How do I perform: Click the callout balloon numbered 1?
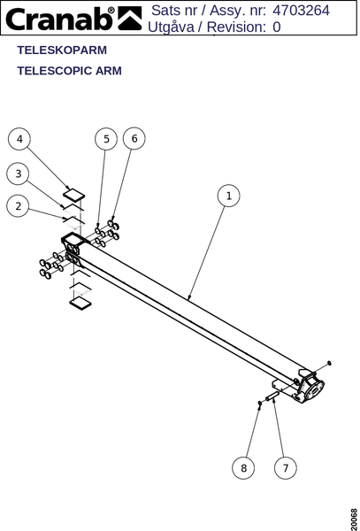229,196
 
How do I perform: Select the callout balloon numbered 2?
18,206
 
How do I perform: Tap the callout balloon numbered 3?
18,173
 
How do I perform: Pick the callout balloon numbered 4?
19,139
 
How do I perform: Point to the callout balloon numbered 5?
106,139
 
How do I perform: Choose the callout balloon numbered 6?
134,139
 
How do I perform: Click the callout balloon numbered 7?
286,468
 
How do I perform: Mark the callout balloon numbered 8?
243,468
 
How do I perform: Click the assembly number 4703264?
301,11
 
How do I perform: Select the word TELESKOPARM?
62,50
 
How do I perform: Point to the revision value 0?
277,27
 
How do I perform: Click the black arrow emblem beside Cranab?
129,19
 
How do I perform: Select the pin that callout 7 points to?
272,396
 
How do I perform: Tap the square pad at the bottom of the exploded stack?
80,303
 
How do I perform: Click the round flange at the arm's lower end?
314,390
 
